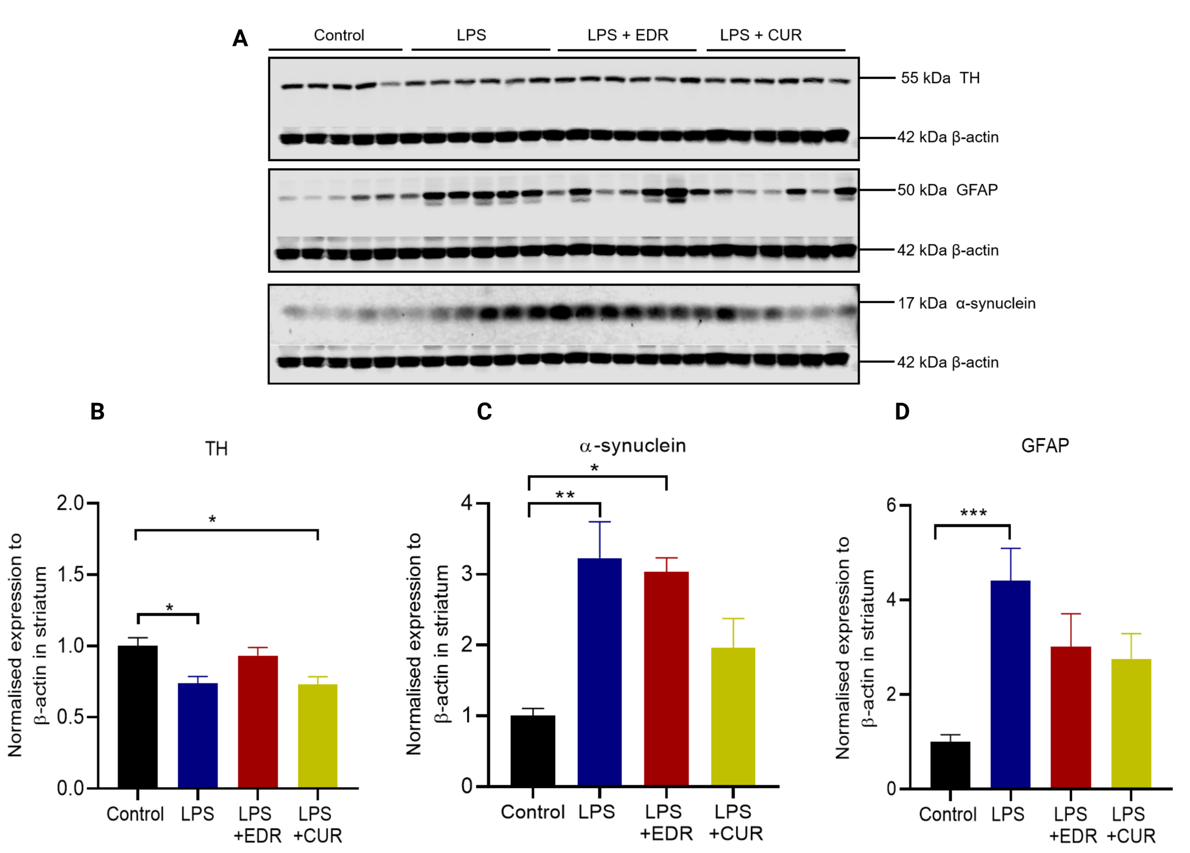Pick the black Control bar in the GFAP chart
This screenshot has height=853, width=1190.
click(950, 764)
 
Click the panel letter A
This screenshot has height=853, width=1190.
click(240, 38)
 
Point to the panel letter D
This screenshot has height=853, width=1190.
click(902, 411)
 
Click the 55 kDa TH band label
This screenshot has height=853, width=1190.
click(940, 78)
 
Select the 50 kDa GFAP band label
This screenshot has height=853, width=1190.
click(947, 190)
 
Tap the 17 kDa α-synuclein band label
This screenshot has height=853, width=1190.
click(966, 303)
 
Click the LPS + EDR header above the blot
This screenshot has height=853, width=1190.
click(628, 35)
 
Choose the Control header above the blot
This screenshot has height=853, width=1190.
click(339, 35)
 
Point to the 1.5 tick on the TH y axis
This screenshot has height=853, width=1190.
click(70, 574)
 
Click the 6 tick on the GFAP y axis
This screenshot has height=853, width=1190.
click(891, 505)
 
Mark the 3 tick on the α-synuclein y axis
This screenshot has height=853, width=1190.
click(467, 573)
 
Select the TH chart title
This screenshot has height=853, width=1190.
click(216, 448)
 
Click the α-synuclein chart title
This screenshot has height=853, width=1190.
click(632, 445)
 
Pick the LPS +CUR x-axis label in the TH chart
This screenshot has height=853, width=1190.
click(317, 824)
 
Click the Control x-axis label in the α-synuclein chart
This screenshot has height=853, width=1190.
click(532, 811)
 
